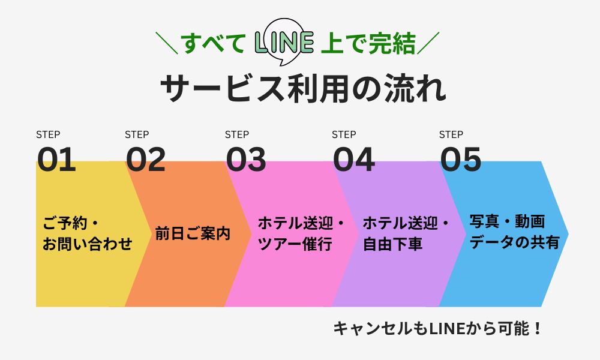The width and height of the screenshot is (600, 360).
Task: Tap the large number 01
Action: pos(57,160)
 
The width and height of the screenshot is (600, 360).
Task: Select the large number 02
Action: pos(146,160)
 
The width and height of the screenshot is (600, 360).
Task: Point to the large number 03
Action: pos(246,160)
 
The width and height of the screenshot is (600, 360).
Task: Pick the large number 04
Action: pos(354,160)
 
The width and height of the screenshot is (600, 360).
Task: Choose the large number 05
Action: pos(461,160)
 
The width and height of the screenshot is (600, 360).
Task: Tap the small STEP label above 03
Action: pos(237,134)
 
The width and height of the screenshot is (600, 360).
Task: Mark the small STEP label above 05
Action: pos(451,134)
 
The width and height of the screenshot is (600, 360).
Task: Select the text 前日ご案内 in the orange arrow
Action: pos(193,233)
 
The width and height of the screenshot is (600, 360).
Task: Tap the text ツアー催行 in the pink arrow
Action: pos(295,244)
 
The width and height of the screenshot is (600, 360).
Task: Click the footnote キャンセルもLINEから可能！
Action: pos(437,329)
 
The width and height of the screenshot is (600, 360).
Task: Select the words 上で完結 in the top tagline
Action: pos(368,44)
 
